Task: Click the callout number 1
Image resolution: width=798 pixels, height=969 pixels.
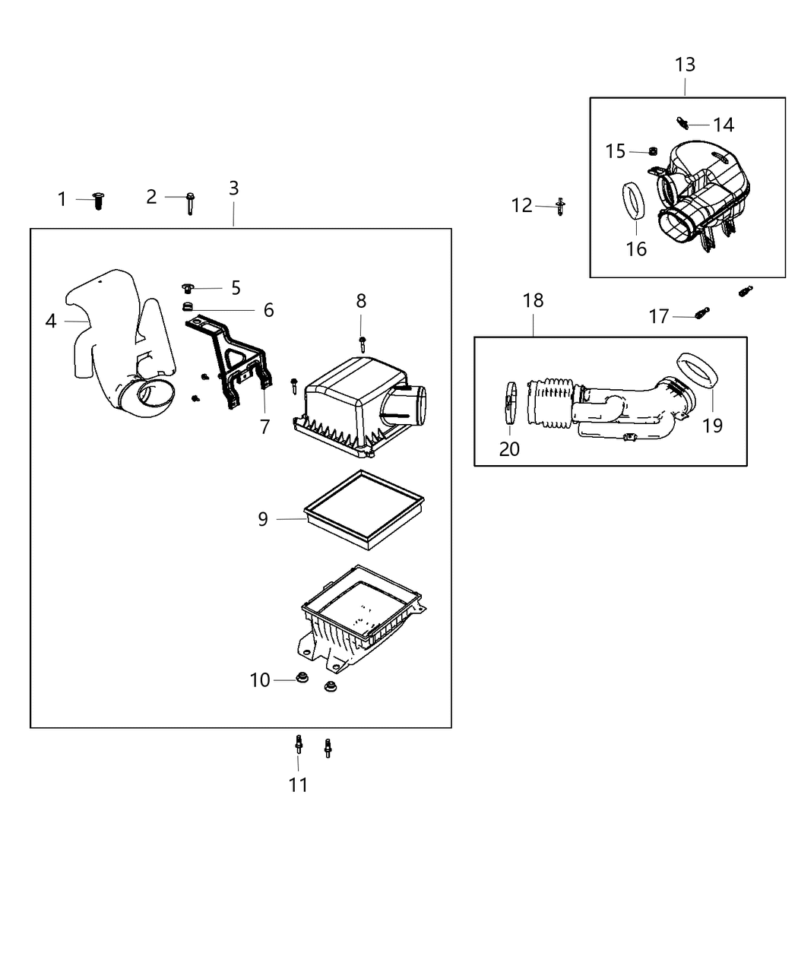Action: click(62, 199)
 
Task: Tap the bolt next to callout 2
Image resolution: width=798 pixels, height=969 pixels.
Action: click(190, 202)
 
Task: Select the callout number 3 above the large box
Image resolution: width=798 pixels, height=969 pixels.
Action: click(233, 188)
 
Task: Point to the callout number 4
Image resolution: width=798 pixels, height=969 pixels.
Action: click(51, 321)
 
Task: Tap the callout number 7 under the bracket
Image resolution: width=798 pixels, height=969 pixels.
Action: click(264, 426)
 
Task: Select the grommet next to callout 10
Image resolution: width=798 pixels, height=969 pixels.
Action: click(301, 679)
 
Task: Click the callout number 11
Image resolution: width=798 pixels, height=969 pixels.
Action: click(298, 784)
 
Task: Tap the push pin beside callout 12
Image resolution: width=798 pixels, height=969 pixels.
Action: click(561, 206)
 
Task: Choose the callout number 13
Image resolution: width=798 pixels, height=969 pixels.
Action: click(685, 65)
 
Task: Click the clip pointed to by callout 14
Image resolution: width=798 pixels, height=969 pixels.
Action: click(681, 122)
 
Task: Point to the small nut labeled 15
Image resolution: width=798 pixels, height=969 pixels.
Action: click(653, 151)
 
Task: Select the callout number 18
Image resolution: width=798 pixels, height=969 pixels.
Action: click(533, 300)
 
